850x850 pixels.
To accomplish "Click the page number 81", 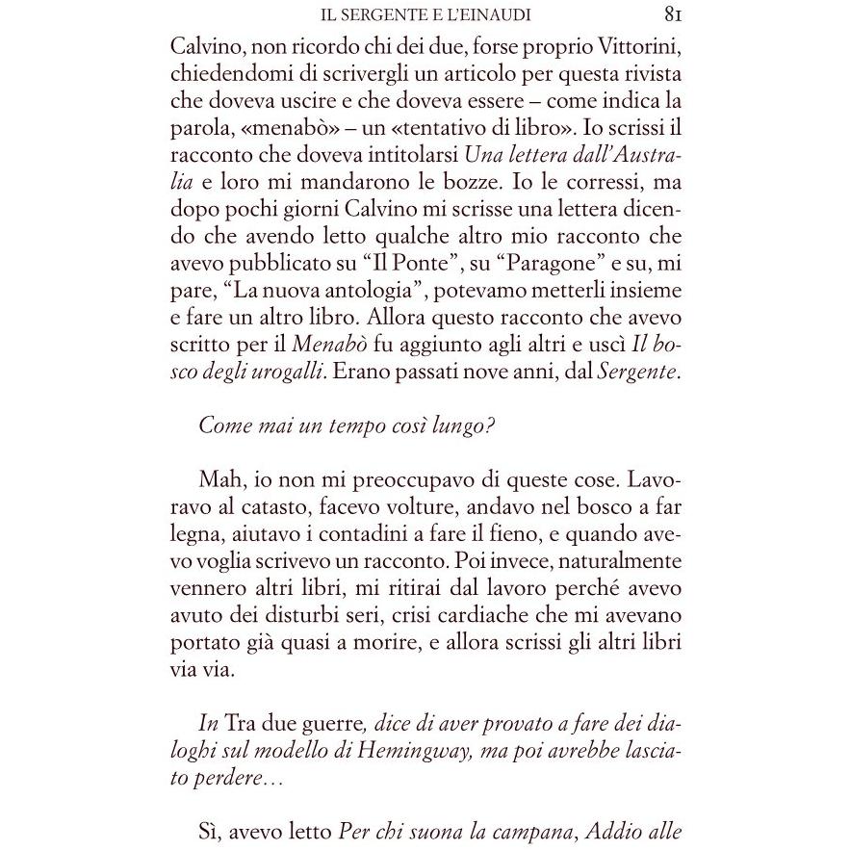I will tap(673, 15).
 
